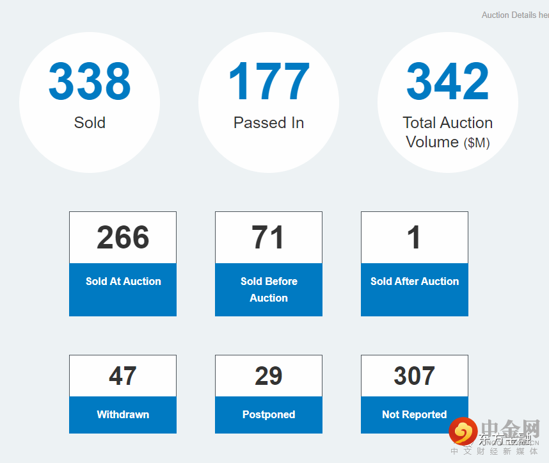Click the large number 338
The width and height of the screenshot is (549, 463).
click(x=90, y=82)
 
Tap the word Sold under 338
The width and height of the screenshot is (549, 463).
click(x=90, y=122)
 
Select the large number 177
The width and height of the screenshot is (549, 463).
click(x=269, y=82)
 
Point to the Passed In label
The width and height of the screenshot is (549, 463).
click(x=269, y=122)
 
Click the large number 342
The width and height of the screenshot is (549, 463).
click(x=448, y=82)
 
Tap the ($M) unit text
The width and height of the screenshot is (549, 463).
click(x=477, y=143)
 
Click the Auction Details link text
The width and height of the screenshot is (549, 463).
click(x=514, y=15)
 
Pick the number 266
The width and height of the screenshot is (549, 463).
click(x=123, y=238)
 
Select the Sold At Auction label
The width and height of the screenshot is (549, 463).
click(x=123, y=281)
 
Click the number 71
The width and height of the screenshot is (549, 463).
click(x=269, y=238)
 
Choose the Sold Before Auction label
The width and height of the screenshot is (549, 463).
click(x=269, y=289)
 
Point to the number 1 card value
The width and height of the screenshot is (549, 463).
click(x=414, y=238)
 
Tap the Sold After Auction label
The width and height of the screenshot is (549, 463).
click(x=415, y=281)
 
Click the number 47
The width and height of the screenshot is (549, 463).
click(x=123, y=376)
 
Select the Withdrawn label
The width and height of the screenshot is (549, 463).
click(x=123, y=414)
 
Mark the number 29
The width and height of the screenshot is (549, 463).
click(x=269, y=376)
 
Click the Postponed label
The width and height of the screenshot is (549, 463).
click(x=269, y=414)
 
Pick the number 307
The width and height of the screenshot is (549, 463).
click(x=415, y=376)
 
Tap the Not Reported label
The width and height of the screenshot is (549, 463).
click(x=415, y=414)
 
